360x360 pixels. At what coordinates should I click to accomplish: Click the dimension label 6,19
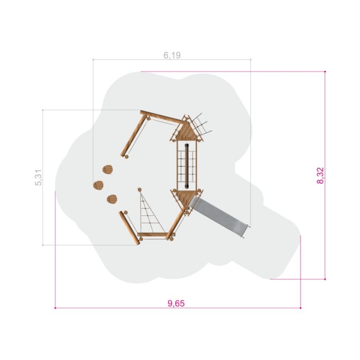(x=172, y=55)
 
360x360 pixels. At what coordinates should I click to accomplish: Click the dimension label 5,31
(x=38, y=178)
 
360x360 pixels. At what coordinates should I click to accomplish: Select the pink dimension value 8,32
(x=320, y=176)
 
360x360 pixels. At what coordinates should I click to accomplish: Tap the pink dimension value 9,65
(x=176, y=304)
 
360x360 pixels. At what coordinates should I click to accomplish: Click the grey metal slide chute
(x=219, y=215)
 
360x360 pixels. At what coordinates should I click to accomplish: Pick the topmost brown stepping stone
(x=107, y=169)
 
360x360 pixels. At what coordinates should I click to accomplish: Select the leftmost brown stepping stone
(x=98, y=185)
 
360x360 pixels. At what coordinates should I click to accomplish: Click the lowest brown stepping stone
(x=112, y=199)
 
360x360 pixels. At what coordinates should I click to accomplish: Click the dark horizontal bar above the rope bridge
(x=187, y=166)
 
